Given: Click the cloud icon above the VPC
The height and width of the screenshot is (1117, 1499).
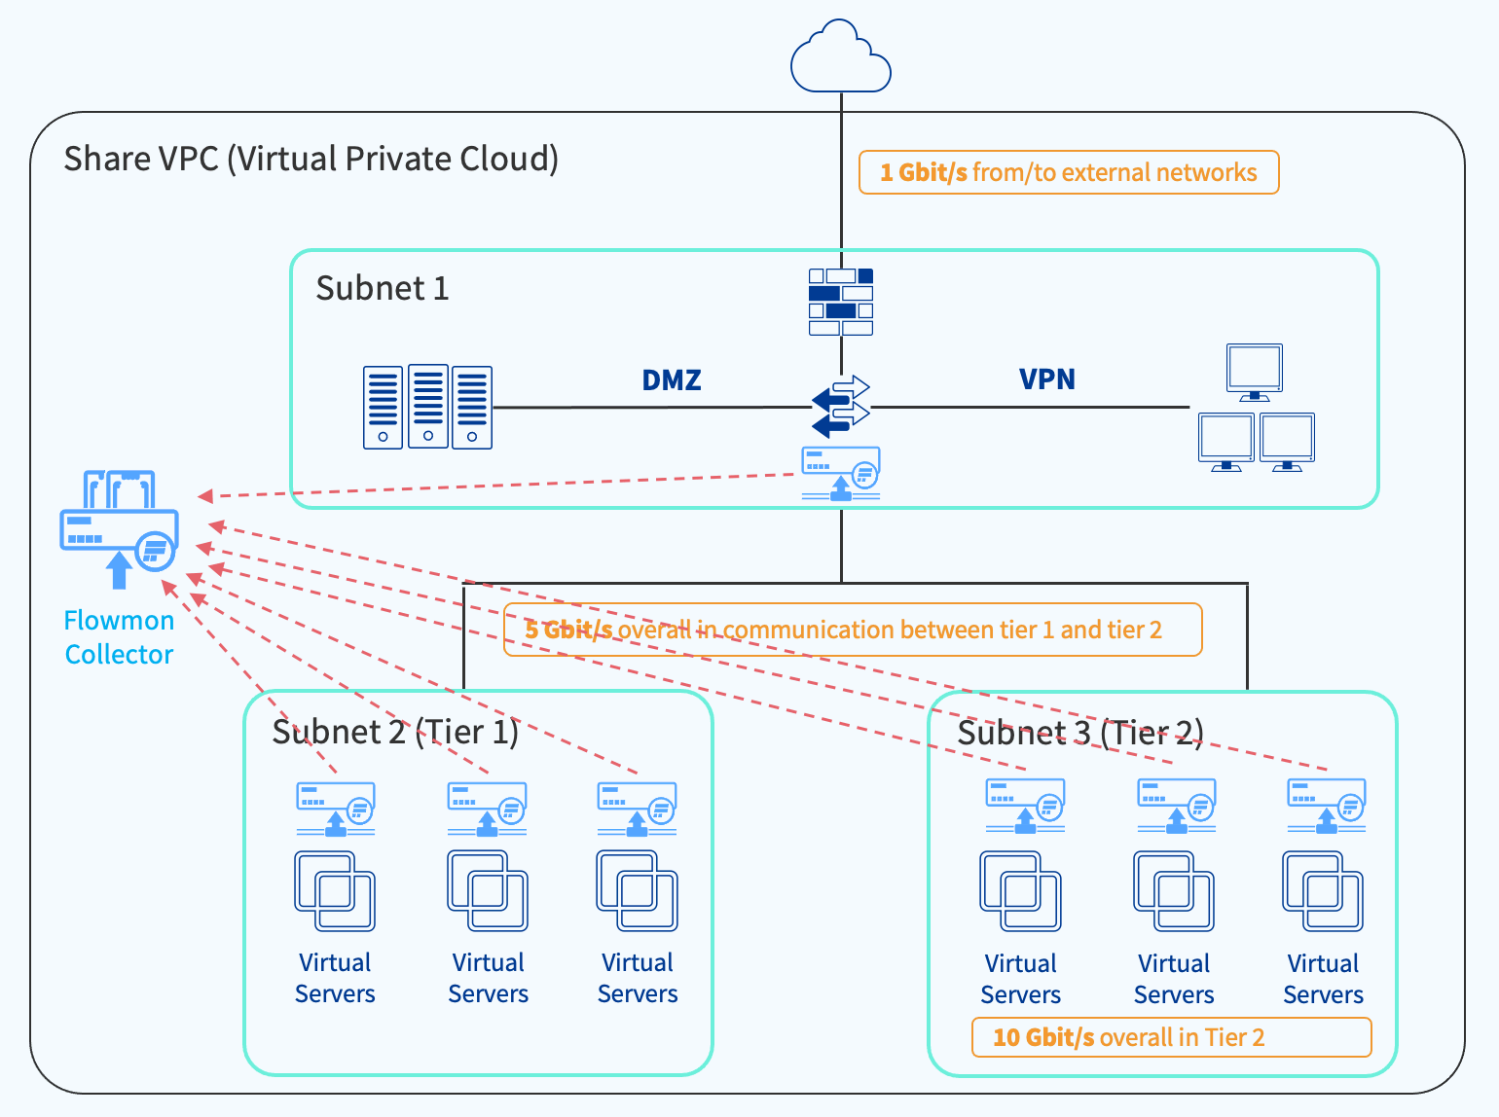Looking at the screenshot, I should [841, 58].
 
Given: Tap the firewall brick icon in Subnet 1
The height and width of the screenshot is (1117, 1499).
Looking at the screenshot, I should [841, 302].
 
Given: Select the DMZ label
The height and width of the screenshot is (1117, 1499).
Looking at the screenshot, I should [672, 379].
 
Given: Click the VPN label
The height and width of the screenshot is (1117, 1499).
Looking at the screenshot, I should [1047, 378].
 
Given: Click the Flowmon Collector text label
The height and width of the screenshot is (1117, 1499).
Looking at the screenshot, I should [119, 637].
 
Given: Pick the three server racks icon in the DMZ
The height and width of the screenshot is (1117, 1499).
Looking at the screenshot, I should [427, 407].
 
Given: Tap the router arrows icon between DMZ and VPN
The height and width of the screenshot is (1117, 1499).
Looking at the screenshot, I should [841, 406].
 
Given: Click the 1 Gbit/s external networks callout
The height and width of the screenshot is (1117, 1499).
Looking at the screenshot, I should [1069, 172].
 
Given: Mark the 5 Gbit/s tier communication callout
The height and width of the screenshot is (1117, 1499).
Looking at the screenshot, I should [853, 630].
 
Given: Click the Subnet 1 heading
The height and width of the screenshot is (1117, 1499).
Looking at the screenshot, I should [383, 288].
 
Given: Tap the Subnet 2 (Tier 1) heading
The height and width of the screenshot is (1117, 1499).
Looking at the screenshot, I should [395, 732].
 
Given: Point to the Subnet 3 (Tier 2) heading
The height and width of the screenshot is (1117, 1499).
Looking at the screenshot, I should [1080, 733].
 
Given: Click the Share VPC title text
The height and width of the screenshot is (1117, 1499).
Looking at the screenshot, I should [311, 159].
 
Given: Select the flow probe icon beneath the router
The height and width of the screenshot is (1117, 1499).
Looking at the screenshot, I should [841, 473].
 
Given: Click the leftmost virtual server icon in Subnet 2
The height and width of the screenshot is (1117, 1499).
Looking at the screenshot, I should [335, 891].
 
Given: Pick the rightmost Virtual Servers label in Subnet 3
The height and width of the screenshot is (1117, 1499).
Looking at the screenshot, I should [1323, 979].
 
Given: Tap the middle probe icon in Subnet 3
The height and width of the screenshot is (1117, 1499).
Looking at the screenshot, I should [1176, 806].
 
